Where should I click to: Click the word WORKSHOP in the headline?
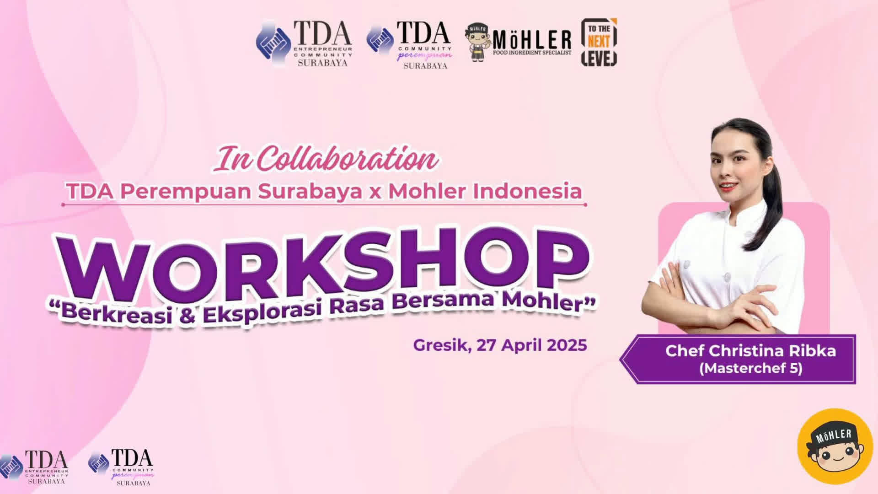[322, 264]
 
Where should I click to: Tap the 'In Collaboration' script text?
[327, 159]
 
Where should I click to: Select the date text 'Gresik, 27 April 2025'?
[500, 345]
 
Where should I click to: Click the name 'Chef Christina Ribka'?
[750, 351]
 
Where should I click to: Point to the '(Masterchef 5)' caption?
[750, 368]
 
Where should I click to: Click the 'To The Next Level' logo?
[599, 42]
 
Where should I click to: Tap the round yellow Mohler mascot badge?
[835, 446]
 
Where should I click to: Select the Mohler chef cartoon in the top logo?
[478, 43]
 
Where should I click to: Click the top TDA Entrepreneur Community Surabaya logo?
[304, 43]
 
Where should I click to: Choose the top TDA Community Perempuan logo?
[410, 45]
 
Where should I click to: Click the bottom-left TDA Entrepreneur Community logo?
[34, 467]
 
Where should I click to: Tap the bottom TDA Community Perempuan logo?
[121, 467]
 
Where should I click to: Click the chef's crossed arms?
[713, 300]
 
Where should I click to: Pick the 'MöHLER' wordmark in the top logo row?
[532, 40]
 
